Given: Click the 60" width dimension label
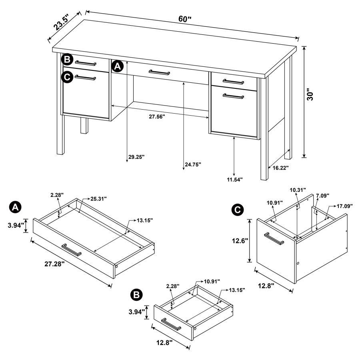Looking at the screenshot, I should (x=185, y=19).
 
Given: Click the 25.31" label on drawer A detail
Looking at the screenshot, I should (x=98, y=199).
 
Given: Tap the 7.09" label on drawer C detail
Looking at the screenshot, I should (x=322, y=196).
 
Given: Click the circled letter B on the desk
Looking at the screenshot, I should (x=67, y=60).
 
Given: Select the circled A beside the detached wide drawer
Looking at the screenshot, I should (x=15, y=207).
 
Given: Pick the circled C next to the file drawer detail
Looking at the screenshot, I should (x=237, y=209).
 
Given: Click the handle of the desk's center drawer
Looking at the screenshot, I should (x=159, y=72).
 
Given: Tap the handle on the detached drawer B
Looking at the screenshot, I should (x=172, y=324).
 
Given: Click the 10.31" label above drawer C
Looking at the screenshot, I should (x=298, y=189).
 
